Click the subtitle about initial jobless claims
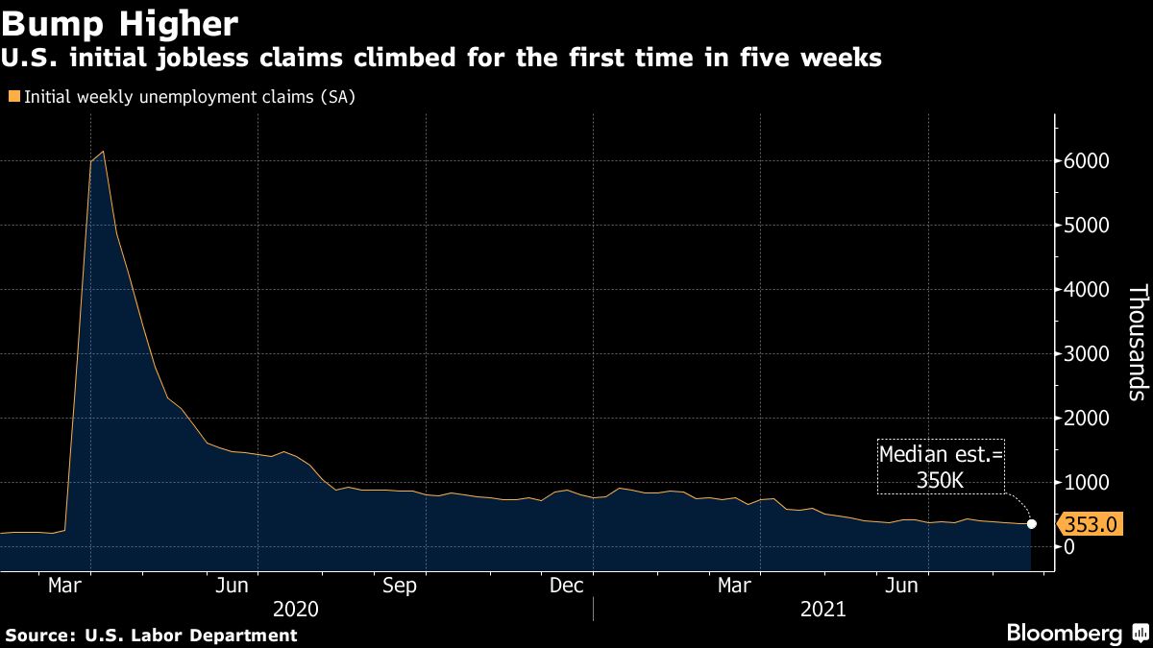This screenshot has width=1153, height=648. click(443, 59)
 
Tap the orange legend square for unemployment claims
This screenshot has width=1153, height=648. click(13, 96)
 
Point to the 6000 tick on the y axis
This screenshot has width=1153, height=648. click(1086, 161)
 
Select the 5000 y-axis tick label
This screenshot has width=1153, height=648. click(1086, 226)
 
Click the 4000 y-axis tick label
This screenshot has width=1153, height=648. click(1086, 290)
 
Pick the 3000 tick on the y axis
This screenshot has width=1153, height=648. click(1086, 354)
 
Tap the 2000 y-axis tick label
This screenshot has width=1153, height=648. click(1086, 419)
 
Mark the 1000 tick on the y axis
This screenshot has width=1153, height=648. click(1086, 483)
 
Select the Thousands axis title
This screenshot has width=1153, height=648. click(1137, 342)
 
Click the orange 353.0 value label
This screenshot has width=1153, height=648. click(1090, 524)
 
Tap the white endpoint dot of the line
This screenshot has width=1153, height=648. click(1032, 524)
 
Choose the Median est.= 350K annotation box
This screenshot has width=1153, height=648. click(941, 468)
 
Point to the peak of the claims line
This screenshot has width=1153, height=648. click(103, 152)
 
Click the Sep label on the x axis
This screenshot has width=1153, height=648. click(399, 586)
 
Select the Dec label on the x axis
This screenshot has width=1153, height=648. click(567, 586)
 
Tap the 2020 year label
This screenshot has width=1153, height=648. click(296, 609)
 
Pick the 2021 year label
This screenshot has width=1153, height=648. click(822, 609)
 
